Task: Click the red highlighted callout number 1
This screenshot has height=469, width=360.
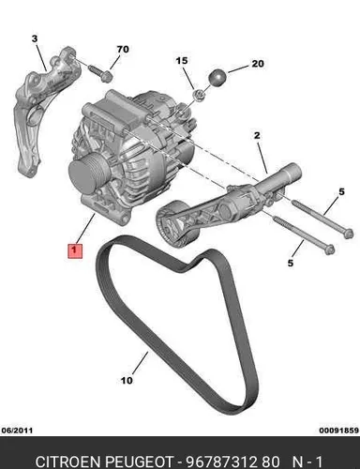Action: [75, 251]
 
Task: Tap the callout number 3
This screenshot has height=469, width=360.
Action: [35, 38]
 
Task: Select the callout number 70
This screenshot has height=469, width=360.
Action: [123, 50]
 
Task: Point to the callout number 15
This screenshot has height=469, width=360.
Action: [182, 60]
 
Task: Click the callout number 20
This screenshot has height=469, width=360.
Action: [258, 64]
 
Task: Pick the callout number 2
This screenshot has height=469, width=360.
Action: [257, 135]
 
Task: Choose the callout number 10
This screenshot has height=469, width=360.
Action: [127, 381]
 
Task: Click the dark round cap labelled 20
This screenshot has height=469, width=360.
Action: [217, 77]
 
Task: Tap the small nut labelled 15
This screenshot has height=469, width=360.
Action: [199, 95]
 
